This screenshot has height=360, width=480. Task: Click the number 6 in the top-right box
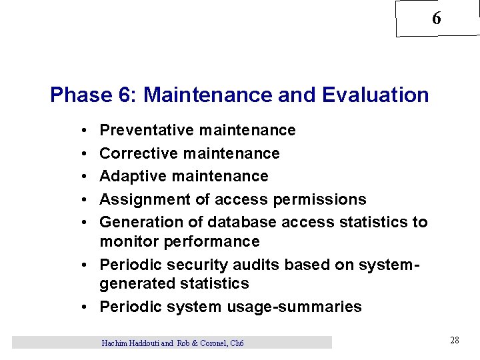436,19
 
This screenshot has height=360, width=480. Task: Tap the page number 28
454,341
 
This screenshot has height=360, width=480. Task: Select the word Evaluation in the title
375,95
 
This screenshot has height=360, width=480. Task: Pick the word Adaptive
133,176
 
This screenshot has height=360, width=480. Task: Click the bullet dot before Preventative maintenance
79,131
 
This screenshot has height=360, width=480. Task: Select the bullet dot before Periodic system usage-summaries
88,307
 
